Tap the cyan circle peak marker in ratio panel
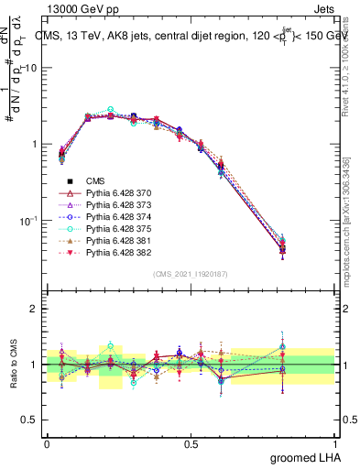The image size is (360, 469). point(111,346)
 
